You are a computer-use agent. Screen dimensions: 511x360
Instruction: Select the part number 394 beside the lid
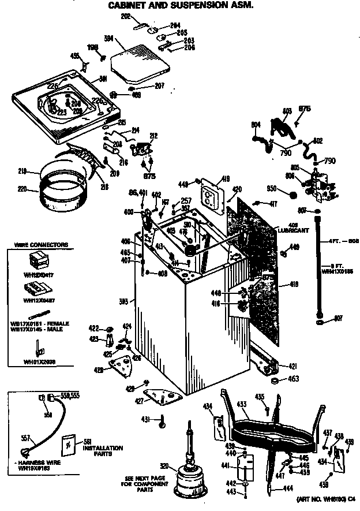click(108, 39)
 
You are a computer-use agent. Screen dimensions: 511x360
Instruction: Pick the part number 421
click(292, 366)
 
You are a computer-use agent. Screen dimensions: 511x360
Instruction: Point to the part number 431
click(146, 419)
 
